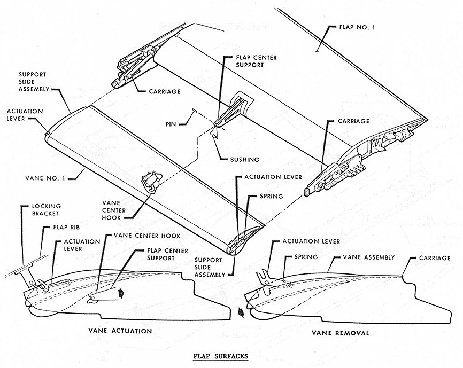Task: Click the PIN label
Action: click(172, 124)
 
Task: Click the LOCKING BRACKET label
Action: click(46, 210)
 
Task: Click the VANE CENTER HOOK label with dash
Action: click(142, 236)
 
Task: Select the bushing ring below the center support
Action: click(215, 135)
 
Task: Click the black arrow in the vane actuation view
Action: click(122, 292)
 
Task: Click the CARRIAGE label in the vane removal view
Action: click(427, 259)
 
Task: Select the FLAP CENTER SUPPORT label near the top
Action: click(242, 62)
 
